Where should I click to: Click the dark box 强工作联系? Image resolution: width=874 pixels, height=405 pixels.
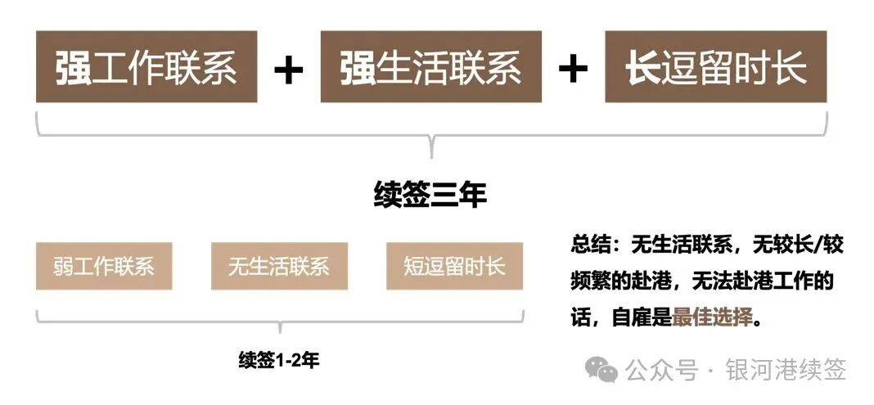tap(146, 66)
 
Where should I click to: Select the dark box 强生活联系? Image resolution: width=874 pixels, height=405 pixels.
tap(431, 66)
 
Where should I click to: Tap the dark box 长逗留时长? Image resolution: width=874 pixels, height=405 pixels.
tap(716, 66)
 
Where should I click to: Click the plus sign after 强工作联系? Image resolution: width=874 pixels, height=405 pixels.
tap(289, 69)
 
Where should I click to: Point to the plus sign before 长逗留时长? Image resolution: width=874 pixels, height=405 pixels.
tap(573, 69)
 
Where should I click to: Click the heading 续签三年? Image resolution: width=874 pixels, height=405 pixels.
tap(430, 195)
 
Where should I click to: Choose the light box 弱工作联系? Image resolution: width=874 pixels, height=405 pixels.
tap(104, 266)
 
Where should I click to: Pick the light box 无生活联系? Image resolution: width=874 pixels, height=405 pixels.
tap(279, 266)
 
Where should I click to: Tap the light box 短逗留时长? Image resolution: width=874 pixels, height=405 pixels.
tap(454, 266)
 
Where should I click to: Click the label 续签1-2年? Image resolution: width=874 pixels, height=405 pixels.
tap(279, 361)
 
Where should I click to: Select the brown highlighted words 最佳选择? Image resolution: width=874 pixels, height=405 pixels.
tap(712, 318)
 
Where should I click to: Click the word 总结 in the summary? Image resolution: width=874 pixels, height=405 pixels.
tap(591, 245)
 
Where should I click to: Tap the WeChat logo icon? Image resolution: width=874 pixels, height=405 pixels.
tap(601, 370)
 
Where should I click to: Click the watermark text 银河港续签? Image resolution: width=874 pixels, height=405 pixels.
tap(786, 370)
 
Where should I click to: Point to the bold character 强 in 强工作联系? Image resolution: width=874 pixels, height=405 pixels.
tap(74, 67)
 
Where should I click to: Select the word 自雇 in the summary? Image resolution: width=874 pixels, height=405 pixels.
tap(632, 318)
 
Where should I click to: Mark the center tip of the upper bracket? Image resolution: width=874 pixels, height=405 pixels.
tap(431, 156)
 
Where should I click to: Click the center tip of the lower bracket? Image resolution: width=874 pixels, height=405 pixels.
tap(279, 332)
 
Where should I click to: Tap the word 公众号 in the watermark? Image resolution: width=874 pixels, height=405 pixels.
tap(661, 370)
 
